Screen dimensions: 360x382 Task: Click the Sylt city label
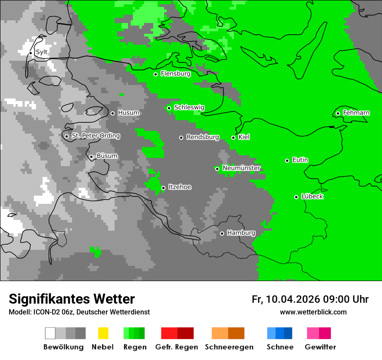pyautogui.click(x=42, y=52)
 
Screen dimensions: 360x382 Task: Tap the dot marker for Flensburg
pyautogui.click(x=155, y=74)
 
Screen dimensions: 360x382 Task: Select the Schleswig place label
pyautogui.click(x=189, y=107)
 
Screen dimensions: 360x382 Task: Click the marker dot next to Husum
pyautogui.click(x=112, y=113)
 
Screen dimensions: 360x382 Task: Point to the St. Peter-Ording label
pyautogui.click(x=96, y=136)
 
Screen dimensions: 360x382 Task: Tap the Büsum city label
pyautogui.click(x=107, y=156)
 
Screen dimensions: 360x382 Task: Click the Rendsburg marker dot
pyautogui.click(x=181, y=137)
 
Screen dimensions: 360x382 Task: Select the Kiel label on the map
pyautogui.click(x=244, y=137)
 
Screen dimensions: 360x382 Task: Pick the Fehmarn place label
pyautogui.click(x=356, y=113)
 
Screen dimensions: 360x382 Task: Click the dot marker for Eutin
pyautogui.click(x=287, y=160)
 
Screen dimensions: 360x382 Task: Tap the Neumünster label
pyautogui.click(x=241, y=168)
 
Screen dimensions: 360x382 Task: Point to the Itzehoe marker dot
pyautogui.click(x=163, y=188)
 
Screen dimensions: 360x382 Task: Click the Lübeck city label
pyautogui.click(x=312, y=196)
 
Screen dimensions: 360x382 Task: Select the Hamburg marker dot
pyautogui.click(x=222, y=233)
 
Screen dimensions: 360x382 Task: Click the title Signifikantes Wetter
pyautogui.click(x=72, y=299)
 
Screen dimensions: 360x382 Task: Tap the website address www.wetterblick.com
pyautogui.click(x=313, y=312)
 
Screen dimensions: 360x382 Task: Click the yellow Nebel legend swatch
pyautogui.click(x=103, y=333)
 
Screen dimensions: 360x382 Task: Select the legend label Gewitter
pyautogui.click(x=320, y=347)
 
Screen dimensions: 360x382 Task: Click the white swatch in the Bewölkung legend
pyautogui.click(x=50, y=333)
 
